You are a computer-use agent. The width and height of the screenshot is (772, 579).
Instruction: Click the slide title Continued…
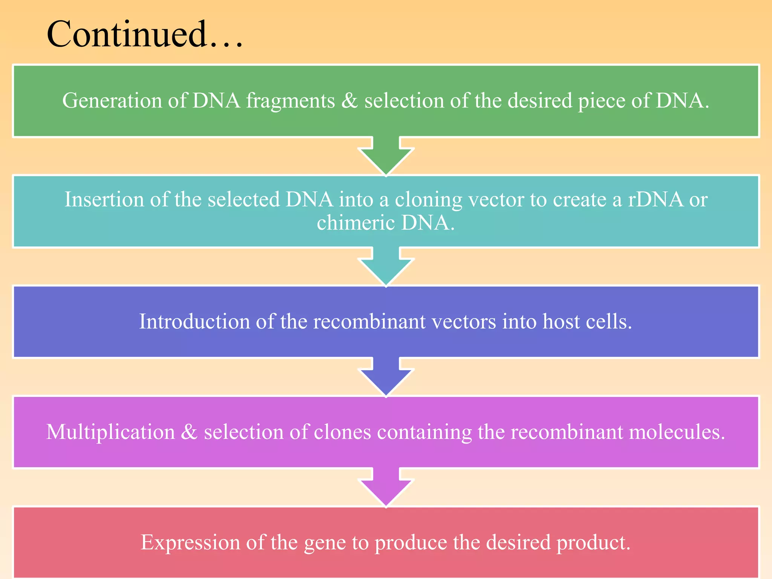(144, 35)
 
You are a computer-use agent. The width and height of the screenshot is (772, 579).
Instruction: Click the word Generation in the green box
(112, 101)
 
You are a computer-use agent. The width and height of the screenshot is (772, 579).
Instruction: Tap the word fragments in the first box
(290, 101)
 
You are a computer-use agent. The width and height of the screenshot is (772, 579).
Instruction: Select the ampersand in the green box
(349, 101)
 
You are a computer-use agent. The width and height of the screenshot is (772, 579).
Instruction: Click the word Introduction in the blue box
(194, 322)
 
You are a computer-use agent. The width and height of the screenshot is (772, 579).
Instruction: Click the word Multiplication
(110, 432)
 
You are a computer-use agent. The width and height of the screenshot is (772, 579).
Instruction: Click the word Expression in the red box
(190, 542)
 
